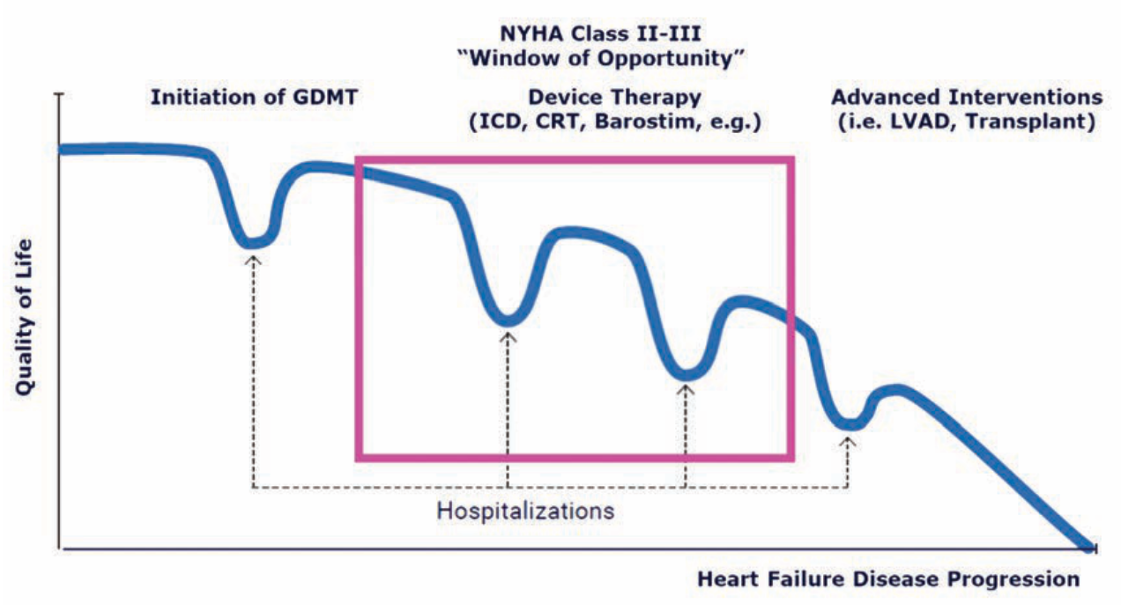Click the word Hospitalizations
525,511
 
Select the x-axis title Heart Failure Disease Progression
888,579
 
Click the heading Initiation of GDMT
255,97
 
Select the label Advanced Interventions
967,97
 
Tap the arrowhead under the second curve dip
509,335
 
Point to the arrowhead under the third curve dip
686,389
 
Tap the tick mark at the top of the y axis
58,93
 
